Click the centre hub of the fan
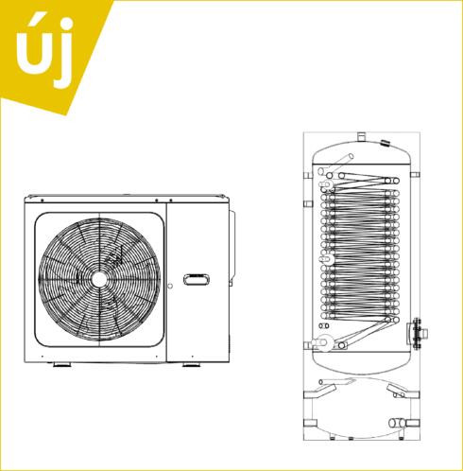point(99,280)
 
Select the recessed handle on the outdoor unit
point(197,279)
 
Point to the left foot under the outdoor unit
point(62,365)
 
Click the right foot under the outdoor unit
point(191,365)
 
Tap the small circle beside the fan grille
point(170,286)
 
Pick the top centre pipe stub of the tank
point(361,137)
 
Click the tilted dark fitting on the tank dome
point(386,143)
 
